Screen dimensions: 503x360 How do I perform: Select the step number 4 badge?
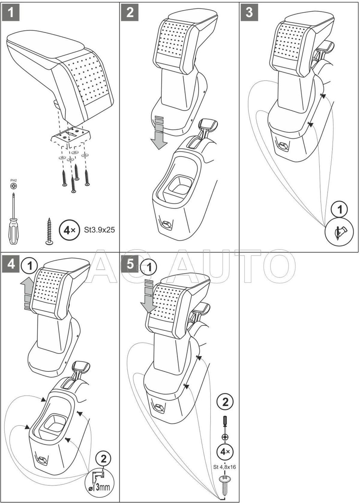[x=11, y=264]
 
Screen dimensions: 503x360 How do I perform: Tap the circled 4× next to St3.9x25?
[x=68, y=230]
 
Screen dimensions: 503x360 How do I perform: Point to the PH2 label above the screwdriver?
[x=13, y=180]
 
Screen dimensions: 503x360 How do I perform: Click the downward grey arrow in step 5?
[x=148, y=297]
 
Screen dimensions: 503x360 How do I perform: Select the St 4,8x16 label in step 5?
[x=225, y=467]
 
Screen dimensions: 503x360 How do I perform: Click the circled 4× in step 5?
[x=225, y=451]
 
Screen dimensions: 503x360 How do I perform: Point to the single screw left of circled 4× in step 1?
[x=49, y=230]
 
